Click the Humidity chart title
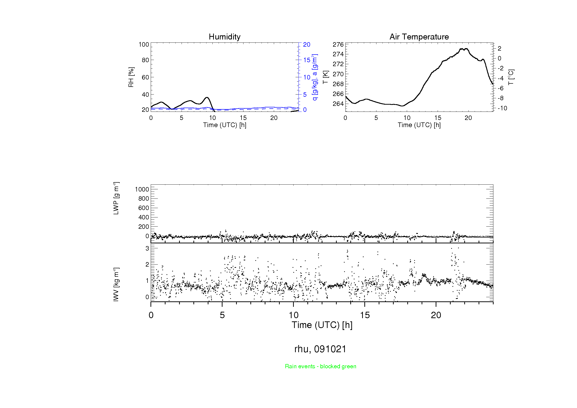click(x=224, y=37)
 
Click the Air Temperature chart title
click(x=419, y=37)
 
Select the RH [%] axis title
click(x=131, y=77)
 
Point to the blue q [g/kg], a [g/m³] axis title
click(x=315, y=77)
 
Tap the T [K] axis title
click(x=325, y=77)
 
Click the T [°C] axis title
click(x=511, y=77)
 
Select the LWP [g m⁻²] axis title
click(x=116, y=198)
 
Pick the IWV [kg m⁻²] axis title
click(x=116, y=284)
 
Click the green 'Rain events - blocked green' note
click(x=320, y=366)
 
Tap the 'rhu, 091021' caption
click(x=320, y=349)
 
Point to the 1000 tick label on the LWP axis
click(x=142, y=189)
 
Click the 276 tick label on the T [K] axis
click(x=338, y=44)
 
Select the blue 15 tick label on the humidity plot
click(x=307, y=60)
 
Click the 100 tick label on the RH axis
click(x=144, y=44)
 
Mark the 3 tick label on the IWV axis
click(x=147, y=248)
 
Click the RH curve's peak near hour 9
click(x=207, y=97)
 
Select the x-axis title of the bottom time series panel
click(x=322, y=325)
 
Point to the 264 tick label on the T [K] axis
click(x=338, y=104)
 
